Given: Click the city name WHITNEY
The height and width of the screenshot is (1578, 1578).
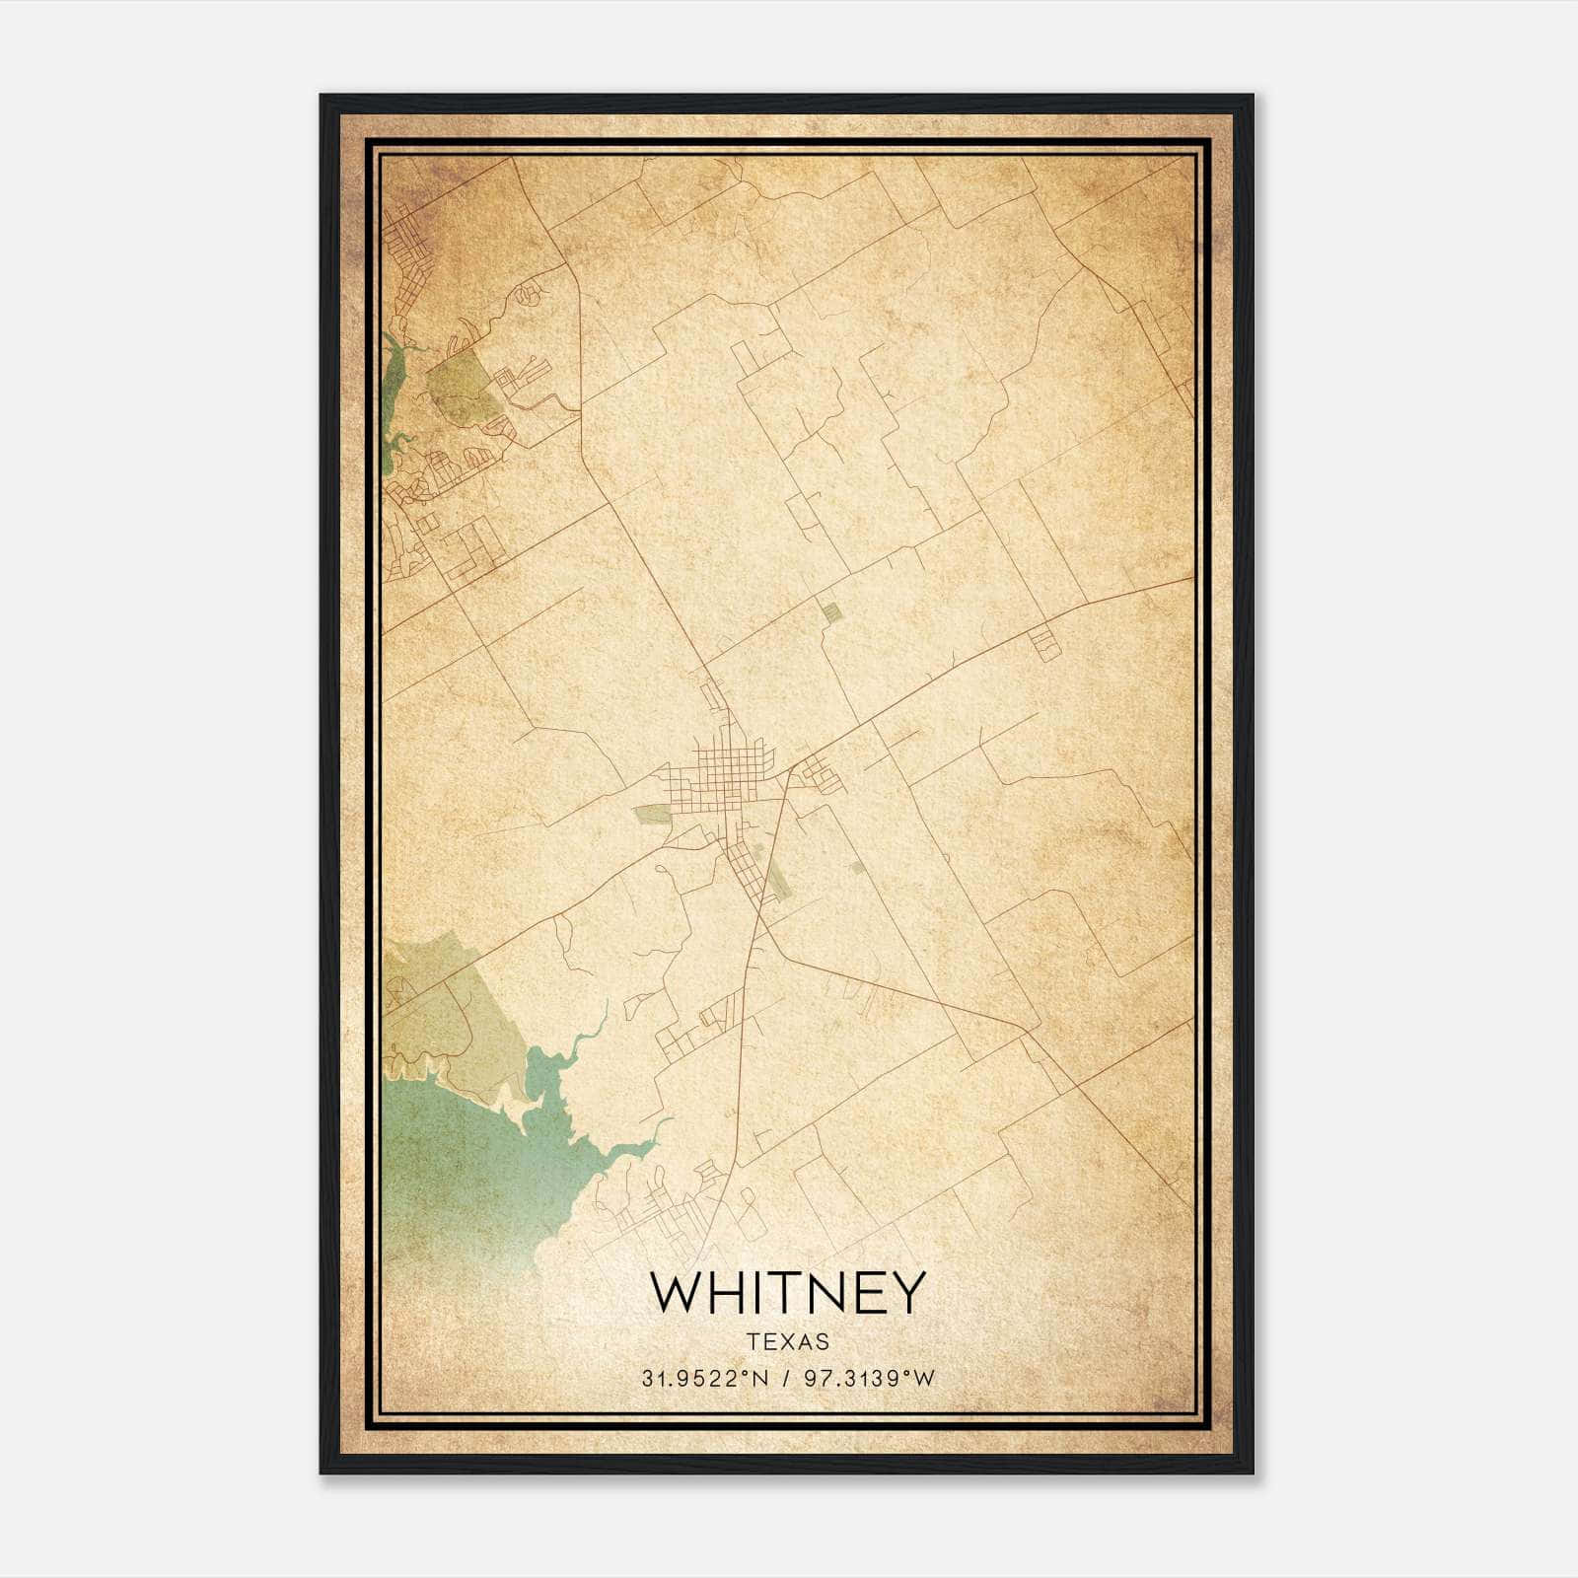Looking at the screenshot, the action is tap(788, 1292).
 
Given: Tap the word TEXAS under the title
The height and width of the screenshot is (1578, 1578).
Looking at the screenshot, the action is tap(788, 1342).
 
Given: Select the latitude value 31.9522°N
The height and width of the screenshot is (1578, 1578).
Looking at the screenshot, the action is tap(704, 1379).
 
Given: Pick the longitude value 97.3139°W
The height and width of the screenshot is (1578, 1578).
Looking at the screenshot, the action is tap(869, 1379).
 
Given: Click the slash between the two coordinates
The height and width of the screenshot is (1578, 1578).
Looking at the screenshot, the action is tap(786, 1379).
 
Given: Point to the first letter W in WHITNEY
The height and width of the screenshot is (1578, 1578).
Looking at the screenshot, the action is tap(673, 1292).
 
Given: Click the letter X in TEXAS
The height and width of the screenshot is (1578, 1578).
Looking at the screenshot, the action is tap(788, 1342).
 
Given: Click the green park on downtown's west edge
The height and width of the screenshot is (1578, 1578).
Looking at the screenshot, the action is tap(652, 815).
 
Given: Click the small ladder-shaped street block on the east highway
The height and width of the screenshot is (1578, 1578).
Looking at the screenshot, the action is tap(1044, 642).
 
